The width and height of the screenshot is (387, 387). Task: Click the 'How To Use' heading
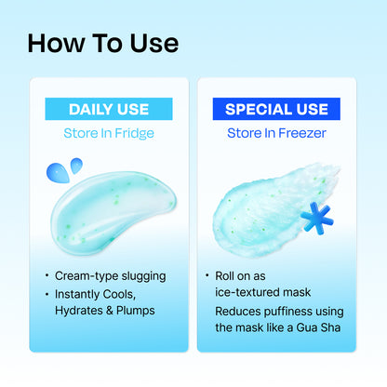(103, 44)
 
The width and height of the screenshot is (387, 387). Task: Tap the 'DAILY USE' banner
(109, 110)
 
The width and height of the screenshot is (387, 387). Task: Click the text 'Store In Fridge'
(109, 133)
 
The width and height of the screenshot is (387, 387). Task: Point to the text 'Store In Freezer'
(276, 133)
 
